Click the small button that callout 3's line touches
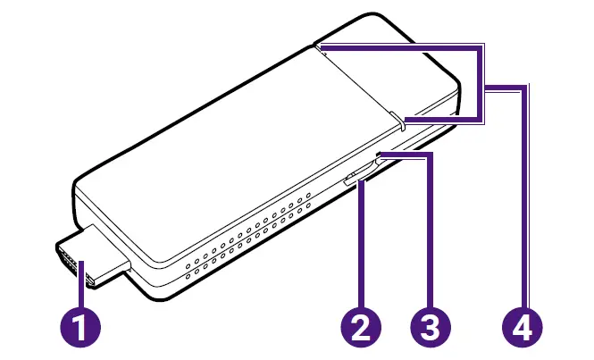[381, 158]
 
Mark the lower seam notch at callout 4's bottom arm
[401, 121]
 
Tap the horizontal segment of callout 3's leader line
[407, 155]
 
